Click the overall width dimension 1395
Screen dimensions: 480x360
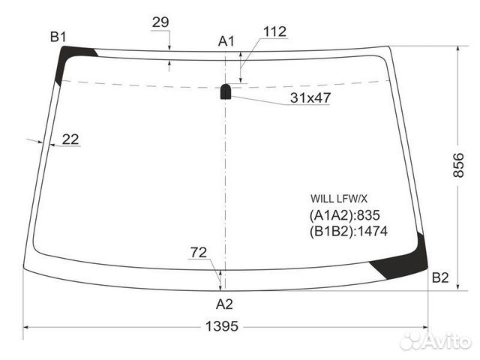tap(222, 326)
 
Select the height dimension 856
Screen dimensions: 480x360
tap(458, 165)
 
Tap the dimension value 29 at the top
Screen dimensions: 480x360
tap(160, 22)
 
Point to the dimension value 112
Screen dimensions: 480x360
tap(274, 31)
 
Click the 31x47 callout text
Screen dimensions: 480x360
tap(310, 97)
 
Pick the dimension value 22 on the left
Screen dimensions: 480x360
tap(70, 139)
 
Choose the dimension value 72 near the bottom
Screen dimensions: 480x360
tap(199, 252)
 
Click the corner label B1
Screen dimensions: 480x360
tap(58, 37)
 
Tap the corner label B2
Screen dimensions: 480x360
tap(440, 277)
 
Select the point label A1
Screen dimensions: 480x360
tap(226, 41)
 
